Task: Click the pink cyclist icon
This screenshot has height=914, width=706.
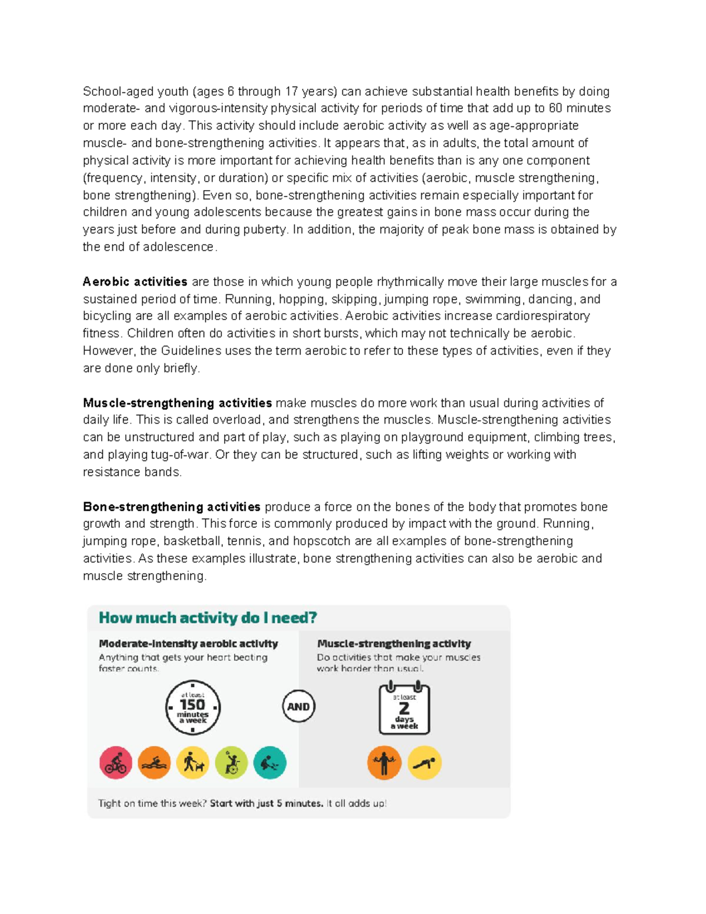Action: click(116, 763)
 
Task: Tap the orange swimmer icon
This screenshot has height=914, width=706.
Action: click(154, 763)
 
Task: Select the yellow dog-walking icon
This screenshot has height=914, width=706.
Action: click(193, 763)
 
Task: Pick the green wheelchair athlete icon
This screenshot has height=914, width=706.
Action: click(231, 763)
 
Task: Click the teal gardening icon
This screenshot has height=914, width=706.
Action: click(269, 763)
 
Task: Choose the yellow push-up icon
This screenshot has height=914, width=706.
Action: click(424, 763)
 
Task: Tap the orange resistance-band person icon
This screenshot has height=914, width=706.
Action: click(384, 763)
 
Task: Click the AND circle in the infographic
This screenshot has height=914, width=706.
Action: click(298, 706)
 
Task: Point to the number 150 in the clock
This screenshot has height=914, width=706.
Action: click(192, 704)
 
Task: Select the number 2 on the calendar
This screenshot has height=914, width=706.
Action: click(404, 709)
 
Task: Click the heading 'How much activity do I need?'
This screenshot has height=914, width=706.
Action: click(208, 618)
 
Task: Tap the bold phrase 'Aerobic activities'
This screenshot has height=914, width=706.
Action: click(135, 282)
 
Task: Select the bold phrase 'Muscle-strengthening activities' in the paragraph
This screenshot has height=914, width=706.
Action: click(177, 403)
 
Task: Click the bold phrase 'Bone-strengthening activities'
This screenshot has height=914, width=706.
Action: click(171, 507)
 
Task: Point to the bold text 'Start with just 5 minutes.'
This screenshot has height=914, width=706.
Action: click(267, 803)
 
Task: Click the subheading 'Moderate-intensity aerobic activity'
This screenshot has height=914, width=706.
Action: click(188, 644)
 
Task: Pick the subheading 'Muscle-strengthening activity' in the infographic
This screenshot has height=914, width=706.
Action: click(394, 644)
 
